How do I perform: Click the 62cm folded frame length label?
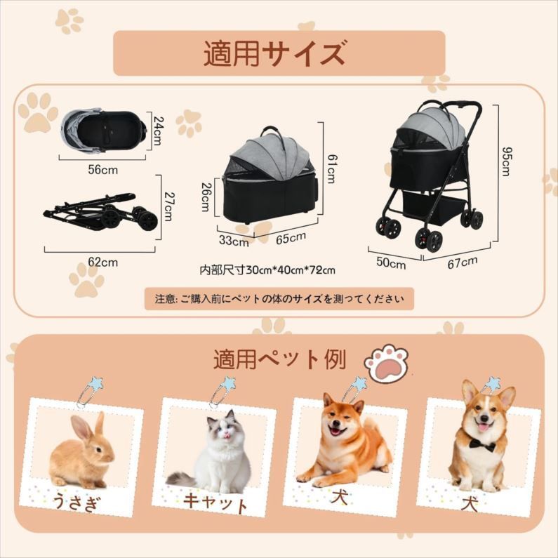coord(103,263)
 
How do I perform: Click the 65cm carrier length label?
coord(291,238)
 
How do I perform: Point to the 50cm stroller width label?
coord(391,264)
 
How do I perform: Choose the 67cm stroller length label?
coord(463,261)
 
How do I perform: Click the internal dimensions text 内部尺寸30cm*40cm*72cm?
coord(267,270)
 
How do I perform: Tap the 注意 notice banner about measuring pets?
coord(279,299)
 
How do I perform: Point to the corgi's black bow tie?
coord(481,446)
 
